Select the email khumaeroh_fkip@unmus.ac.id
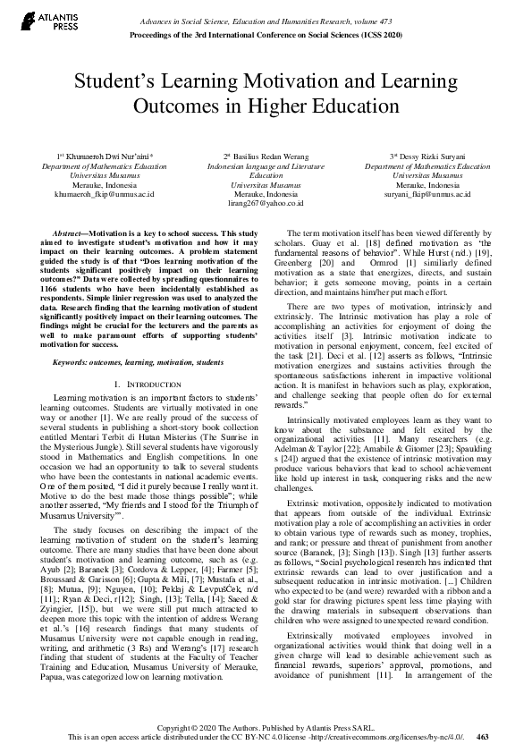(105, 192)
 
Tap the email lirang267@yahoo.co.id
(266, 203)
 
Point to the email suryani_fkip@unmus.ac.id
(426, 192)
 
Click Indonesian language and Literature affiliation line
(266, 166)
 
